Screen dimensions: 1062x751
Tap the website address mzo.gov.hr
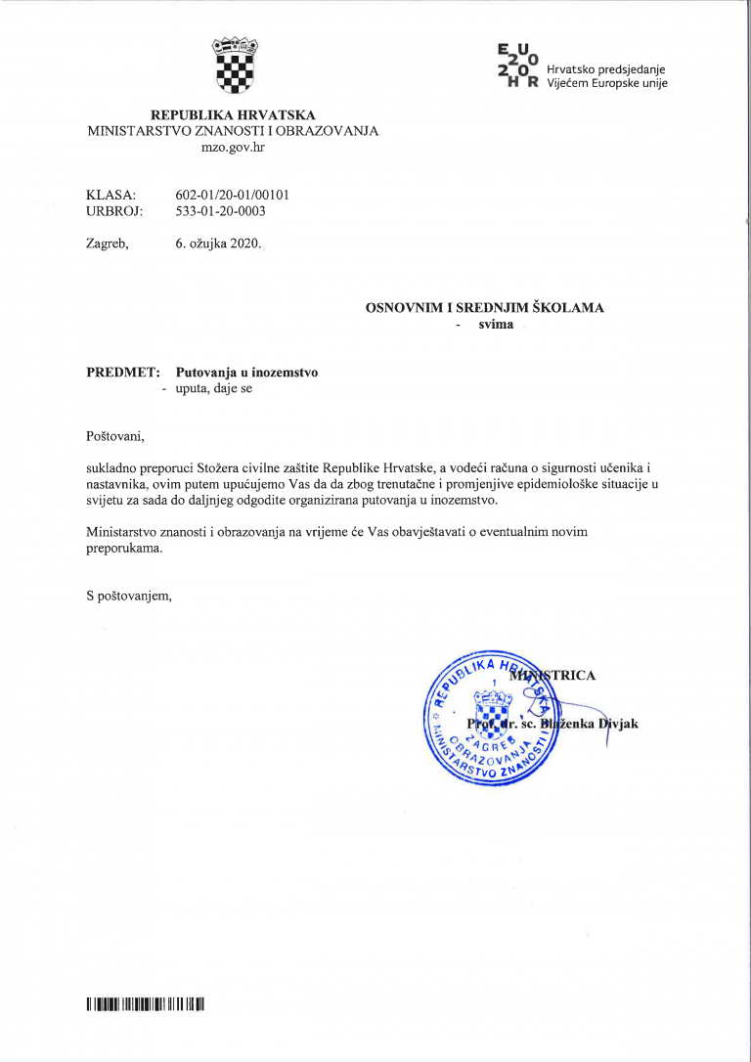(233, 147)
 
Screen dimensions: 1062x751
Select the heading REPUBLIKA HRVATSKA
(233, 114)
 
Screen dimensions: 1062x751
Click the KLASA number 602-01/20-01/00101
(232, 195)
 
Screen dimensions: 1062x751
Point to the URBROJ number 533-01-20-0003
(220, 210)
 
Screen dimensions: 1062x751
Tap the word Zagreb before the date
(107, 243)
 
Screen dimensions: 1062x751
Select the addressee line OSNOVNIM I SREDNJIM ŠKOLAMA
(484, 307)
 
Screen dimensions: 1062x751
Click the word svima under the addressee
(495, 324)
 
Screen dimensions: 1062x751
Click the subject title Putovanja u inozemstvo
(246, 373)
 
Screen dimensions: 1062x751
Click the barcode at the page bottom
(144, 1004)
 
